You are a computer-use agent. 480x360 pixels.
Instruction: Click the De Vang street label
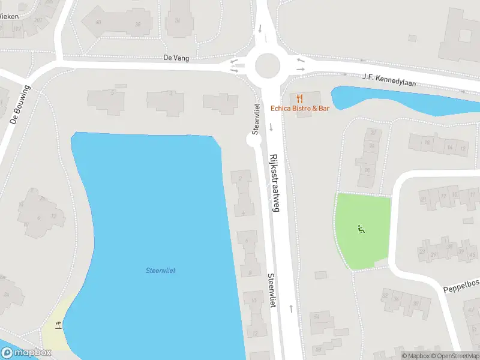[176, 58]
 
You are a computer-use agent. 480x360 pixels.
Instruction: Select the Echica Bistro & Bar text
[300, 109]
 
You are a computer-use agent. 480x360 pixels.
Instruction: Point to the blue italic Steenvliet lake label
[160, 271]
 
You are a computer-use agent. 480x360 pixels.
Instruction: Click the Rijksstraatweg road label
[275, 182]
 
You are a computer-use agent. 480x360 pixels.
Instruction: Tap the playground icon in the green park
[361, 229]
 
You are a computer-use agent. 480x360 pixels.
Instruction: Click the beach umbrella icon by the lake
[58, 326]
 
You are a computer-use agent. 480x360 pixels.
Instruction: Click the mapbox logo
[26, 352]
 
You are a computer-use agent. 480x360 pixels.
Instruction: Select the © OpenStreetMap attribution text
[454, 356]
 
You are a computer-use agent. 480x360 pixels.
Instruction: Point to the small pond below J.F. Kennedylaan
[396, 99]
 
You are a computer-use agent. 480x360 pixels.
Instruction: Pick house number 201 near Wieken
[38, 20]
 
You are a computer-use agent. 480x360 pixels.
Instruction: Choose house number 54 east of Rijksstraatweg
[313, 314]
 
